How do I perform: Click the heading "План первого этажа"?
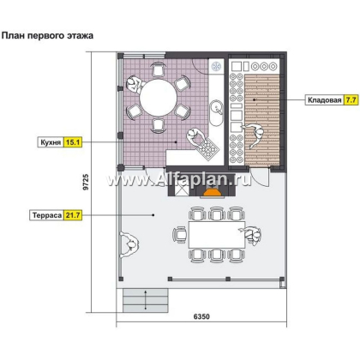click(47, 36)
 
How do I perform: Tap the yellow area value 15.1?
click(73, 142)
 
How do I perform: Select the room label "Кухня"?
click(51, 142)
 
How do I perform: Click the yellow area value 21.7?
click(73, 215)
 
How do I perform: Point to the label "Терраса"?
click(47, 215)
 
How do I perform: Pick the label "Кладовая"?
click(325, 100)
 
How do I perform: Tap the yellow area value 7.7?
click(351, 100)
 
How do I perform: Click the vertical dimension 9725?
click(86, 182)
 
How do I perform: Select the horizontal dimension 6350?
click(201, 316)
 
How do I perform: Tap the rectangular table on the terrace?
click(217, 235)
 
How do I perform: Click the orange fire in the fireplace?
click(213, 193)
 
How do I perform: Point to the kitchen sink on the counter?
click(216, 112)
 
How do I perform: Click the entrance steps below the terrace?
click(145, 300)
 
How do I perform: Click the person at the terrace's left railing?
click(129, 245)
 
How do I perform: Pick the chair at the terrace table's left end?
click(180, 235)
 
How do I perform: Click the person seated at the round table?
click(134, 85)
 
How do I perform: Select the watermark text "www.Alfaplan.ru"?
click(179, 180)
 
